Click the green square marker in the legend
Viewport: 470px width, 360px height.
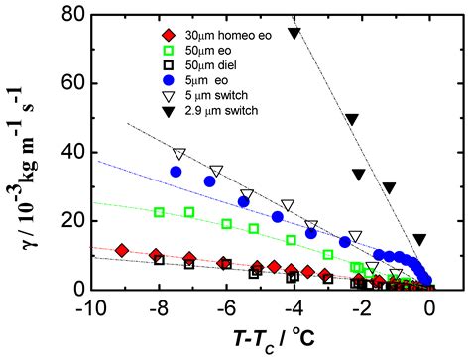(119, 50)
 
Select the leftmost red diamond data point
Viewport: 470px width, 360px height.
(122, 250)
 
